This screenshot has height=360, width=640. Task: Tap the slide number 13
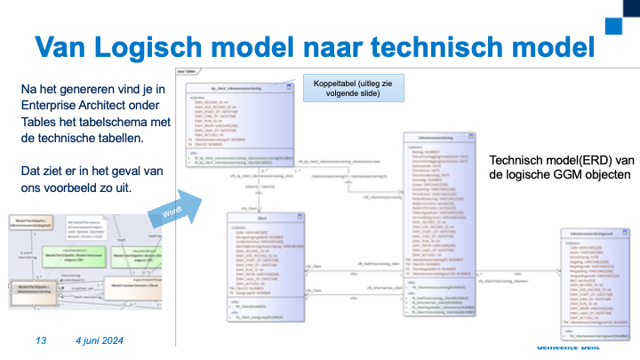tap(41, 341)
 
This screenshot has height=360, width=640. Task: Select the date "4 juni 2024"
tap(99, 341)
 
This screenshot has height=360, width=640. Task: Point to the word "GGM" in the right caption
tap(569, 175)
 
